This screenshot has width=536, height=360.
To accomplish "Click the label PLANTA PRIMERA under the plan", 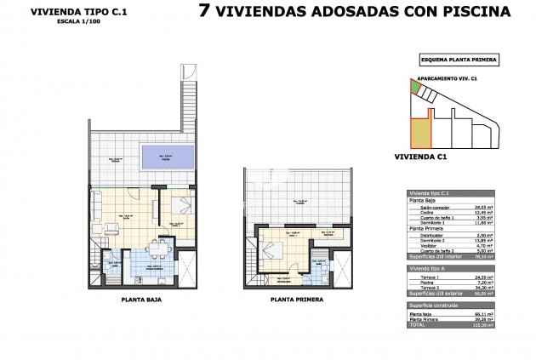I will click(x=295, y=300).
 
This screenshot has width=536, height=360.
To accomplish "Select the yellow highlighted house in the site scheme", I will click(x=421, y=131).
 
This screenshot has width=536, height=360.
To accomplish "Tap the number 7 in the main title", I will click(x=204, y=12).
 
